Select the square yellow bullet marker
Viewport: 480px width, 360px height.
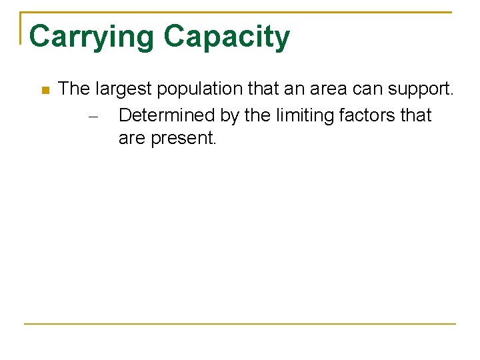pos(44,90)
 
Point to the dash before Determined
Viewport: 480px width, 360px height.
pos(93,116)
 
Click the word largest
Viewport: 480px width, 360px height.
pos(123,89)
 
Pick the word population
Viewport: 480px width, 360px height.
pos(198,89)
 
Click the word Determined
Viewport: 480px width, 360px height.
pos(166,115)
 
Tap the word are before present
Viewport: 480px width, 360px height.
pos(132,139)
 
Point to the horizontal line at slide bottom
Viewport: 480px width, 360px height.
pos(240,324)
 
